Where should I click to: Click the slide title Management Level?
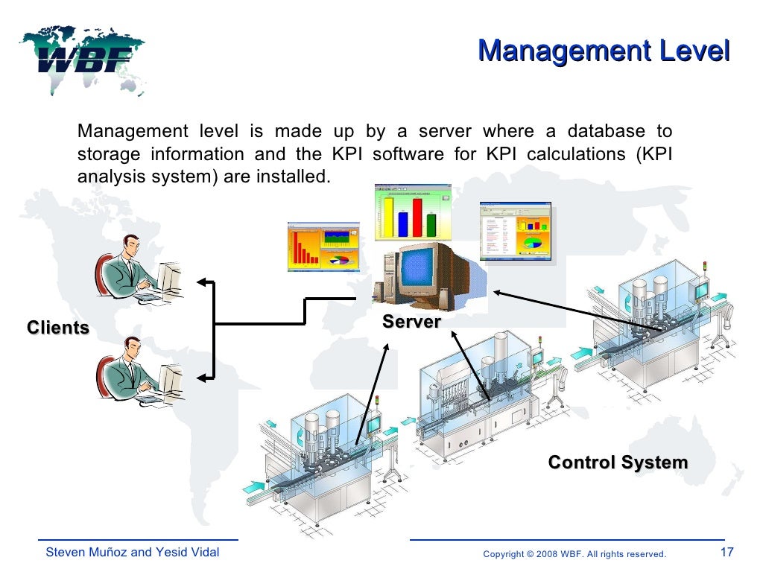point(603,51)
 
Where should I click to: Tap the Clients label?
point(58,328)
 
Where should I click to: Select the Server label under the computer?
point(411,322)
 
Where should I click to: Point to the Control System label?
point(618,463)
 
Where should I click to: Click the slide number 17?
point(727,553)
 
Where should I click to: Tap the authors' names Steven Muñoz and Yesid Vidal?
point(133,553)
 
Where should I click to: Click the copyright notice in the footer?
point(574,554)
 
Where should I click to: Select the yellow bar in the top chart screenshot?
point(387,216)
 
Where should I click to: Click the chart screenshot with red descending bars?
point(322,246)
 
